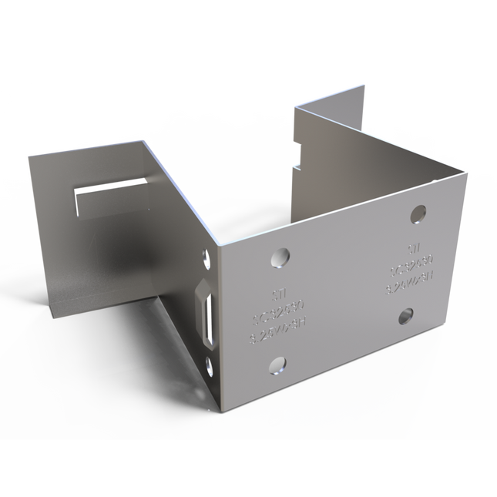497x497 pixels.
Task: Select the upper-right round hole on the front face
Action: click(418, 213)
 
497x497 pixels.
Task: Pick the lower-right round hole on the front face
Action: click(406, 315)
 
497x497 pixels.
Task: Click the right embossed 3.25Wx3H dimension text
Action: click(408, 288)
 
